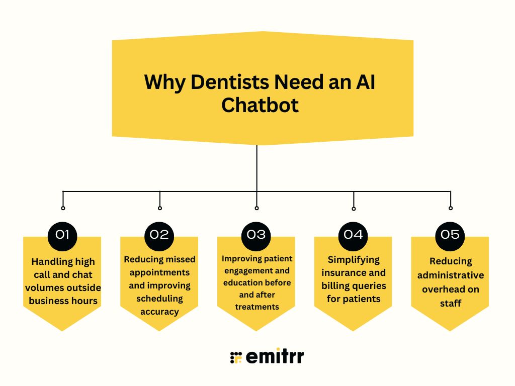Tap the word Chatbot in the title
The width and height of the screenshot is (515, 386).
point(260,106)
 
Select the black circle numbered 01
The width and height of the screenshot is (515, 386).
point(62,234)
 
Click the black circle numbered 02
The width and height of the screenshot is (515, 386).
point(159,234)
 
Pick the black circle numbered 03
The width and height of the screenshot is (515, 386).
point(256,234)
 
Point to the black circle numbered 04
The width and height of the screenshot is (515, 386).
point(354,234)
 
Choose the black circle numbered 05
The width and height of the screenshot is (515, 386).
point(450,234)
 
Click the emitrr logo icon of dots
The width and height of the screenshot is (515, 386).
point(236,357)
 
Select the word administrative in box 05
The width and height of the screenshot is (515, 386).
point(450,275)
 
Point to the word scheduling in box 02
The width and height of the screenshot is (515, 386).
point(159,299)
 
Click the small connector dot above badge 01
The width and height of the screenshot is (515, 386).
point(63,208)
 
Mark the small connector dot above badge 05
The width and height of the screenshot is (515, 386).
point(451,208)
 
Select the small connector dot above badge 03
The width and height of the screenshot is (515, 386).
point(256,208)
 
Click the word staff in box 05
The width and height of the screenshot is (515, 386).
point(450,303)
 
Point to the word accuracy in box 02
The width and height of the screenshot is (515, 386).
point(159,312)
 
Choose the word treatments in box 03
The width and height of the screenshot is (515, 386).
point(256,307)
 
